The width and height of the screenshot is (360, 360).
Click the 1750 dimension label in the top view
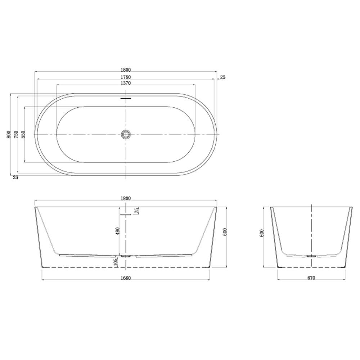(x=126, y=77)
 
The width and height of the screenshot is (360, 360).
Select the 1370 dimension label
(x=126, y=83)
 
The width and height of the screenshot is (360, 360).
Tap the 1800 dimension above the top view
(x=126, y=70)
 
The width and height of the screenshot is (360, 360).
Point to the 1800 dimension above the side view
(x=126, y=198)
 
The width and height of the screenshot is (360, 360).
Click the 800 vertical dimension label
(x=9, y=134)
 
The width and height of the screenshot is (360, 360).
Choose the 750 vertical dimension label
(x=16, y=134)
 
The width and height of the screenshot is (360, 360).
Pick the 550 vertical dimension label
(x=23, y=134)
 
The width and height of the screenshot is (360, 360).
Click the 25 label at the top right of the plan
(x=223, y=77)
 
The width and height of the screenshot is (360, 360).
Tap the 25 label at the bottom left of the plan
(x=15, y=177)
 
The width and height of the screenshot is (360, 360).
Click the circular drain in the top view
(x=126, y=134)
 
